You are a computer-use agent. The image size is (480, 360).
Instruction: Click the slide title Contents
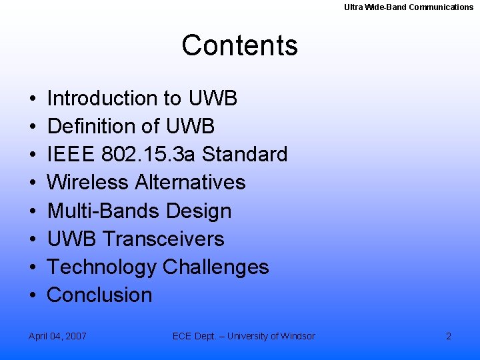point(239,45)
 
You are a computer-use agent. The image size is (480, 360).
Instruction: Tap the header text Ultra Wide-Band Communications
point(409,7)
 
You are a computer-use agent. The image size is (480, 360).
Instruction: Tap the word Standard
point(245,155)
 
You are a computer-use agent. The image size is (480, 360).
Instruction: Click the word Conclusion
point(100,295)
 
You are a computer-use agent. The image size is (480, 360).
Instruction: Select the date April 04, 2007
point(57,336)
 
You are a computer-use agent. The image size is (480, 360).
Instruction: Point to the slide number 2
point(449,336)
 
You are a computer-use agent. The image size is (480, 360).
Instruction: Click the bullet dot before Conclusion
point(33,295)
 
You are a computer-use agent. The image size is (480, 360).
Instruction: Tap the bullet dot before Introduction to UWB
point(33,99)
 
